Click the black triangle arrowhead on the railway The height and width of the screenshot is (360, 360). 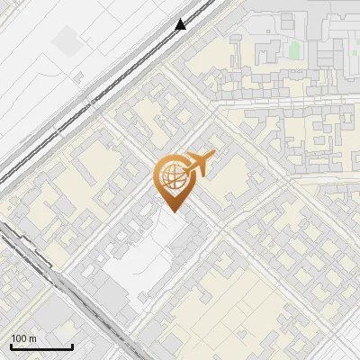tap(181, 24)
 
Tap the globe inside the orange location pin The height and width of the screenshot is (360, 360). tap(171, 177)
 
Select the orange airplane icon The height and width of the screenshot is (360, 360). tap(199, 164)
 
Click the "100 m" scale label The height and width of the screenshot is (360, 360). tap(24, 338)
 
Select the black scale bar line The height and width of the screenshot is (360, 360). tap(41, 347)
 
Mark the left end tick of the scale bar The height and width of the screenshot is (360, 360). tap(11, 346)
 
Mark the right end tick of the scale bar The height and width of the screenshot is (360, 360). tap(72, 346)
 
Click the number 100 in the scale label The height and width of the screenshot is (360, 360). tap(20, 338)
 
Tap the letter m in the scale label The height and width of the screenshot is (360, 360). tap(32, 338)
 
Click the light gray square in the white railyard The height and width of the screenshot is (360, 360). tap(66, 40)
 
